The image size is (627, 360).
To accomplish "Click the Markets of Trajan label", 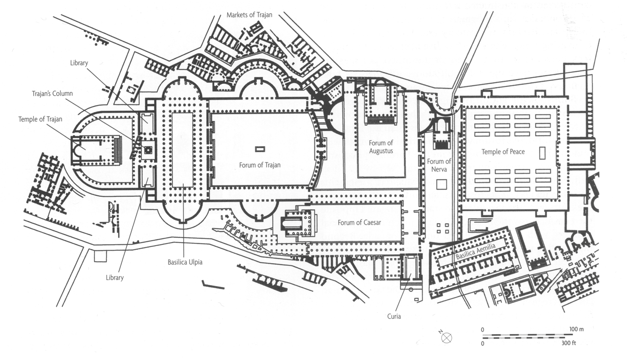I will pos(249,15).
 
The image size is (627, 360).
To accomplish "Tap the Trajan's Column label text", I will pos(52,93).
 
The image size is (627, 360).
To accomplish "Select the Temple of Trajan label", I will pos(40,119).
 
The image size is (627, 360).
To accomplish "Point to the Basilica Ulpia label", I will pos(185,262).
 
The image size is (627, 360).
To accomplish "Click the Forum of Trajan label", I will pos(260,165).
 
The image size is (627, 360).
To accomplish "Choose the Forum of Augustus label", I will pos(381,147).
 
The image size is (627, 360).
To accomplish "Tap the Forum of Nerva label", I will pos(439,165).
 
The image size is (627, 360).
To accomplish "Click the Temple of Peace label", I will pos(503,152).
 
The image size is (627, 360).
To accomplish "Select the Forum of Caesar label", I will pos(359,222).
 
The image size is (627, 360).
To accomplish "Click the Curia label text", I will pos(394,316).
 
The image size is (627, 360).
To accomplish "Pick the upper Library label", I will pos(79,63).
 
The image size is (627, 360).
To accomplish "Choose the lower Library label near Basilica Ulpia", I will pos(115,278).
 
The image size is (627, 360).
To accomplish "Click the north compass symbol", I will pos(446,337).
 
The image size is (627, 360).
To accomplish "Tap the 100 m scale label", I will pos(576,329).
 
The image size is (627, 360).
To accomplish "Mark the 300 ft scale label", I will pos(568,343).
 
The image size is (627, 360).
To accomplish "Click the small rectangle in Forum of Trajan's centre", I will pos(260,149).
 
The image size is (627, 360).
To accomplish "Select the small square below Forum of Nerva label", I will pos(442,184).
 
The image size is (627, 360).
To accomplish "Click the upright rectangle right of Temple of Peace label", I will pos(542,153).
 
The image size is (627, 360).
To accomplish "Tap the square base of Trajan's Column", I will pos(148,149).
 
